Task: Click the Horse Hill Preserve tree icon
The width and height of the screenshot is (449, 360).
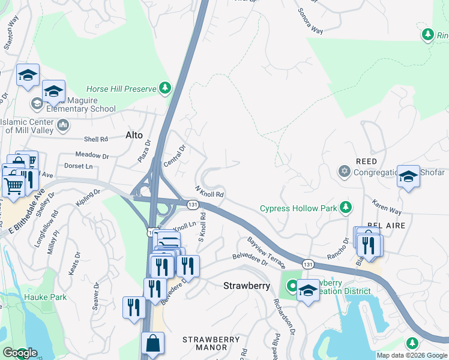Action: click(x=165, y=89)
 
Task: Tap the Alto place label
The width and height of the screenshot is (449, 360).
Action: click(x=133, y=135)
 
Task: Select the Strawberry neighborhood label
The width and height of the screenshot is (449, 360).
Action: click(x=247, y=286)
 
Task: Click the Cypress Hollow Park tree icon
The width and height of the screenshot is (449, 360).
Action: click(x=345, y=208)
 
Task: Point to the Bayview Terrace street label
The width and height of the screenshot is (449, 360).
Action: click(x=266, y=252)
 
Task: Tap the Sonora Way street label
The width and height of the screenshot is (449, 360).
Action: click(x=310, y=22)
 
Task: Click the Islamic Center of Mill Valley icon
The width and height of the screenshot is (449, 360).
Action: click(x=63, y=126)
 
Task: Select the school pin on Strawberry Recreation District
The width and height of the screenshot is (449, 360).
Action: click(x=308, y=291)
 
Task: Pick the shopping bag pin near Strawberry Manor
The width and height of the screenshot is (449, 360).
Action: click(x=152, y=343)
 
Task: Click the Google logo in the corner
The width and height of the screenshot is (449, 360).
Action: click(x=20, y=353)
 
